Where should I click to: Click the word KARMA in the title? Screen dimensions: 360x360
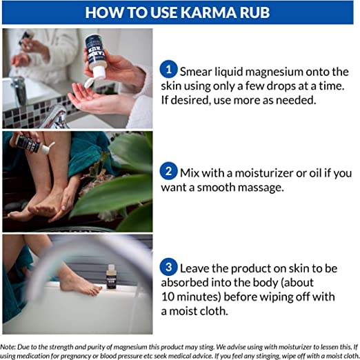coord(208,12)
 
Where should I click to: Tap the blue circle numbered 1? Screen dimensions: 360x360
coord(168,69)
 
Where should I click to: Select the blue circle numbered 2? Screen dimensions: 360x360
coord(168,171)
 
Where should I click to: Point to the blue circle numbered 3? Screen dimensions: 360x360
coord(168,267)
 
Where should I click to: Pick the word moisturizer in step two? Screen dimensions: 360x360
coord(263,173)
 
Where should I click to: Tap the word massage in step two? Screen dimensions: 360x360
coord(259,188)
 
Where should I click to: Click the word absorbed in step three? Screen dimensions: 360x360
coord(184,283)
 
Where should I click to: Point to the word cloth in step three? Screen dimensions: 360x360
coord(214,311)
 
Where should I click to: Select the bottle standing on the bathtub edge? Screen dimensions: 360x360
coord(112,277)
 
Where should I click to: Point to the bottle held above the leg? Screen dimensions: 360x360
coord(33,143)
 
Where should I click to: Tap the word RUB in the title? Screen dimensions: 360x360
coord(254,12)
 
